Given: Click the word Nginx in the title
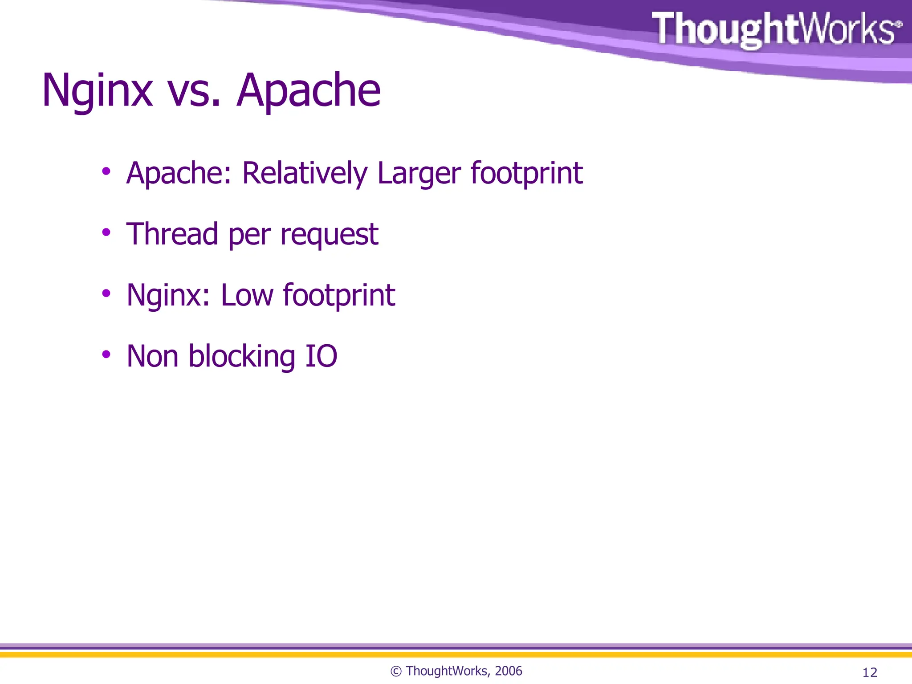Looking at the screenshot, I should click(x=97, y=91).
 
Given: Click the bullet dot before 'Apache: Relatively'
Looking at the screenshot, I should click(x=106, y=171).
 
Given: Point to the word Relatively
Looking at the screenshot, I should click(x=305, y=173).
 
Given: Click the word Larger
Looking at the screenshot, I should click(x=419, y=174).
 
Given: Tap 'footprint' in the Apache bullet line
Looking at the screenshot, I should click(x=526, y=174).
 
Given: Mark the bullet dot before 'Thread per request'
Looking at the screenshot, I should click(x=106, y=232).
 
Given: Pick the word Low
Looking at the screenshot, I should click(x=247, y=295).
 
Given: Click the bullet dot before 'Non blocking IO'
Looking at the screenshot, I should click(x=106, y=354).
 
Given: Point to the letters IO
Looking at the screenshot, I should click(x=321, y=356).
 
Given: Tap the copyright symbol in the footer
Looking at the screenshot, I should click(x=396, y=672).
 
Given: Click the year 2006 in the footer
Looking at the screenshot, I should click(x=508, y=671).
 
